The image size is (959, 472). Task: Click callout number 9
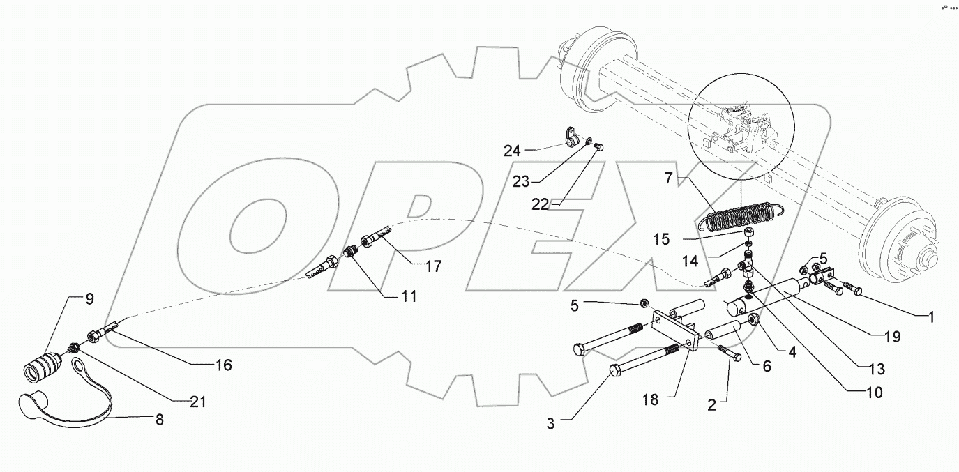point(90,300)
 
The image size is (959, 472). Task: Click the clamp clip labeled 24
point(570,138)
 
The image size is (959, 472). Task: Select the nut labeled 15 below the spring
point(746,231)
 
